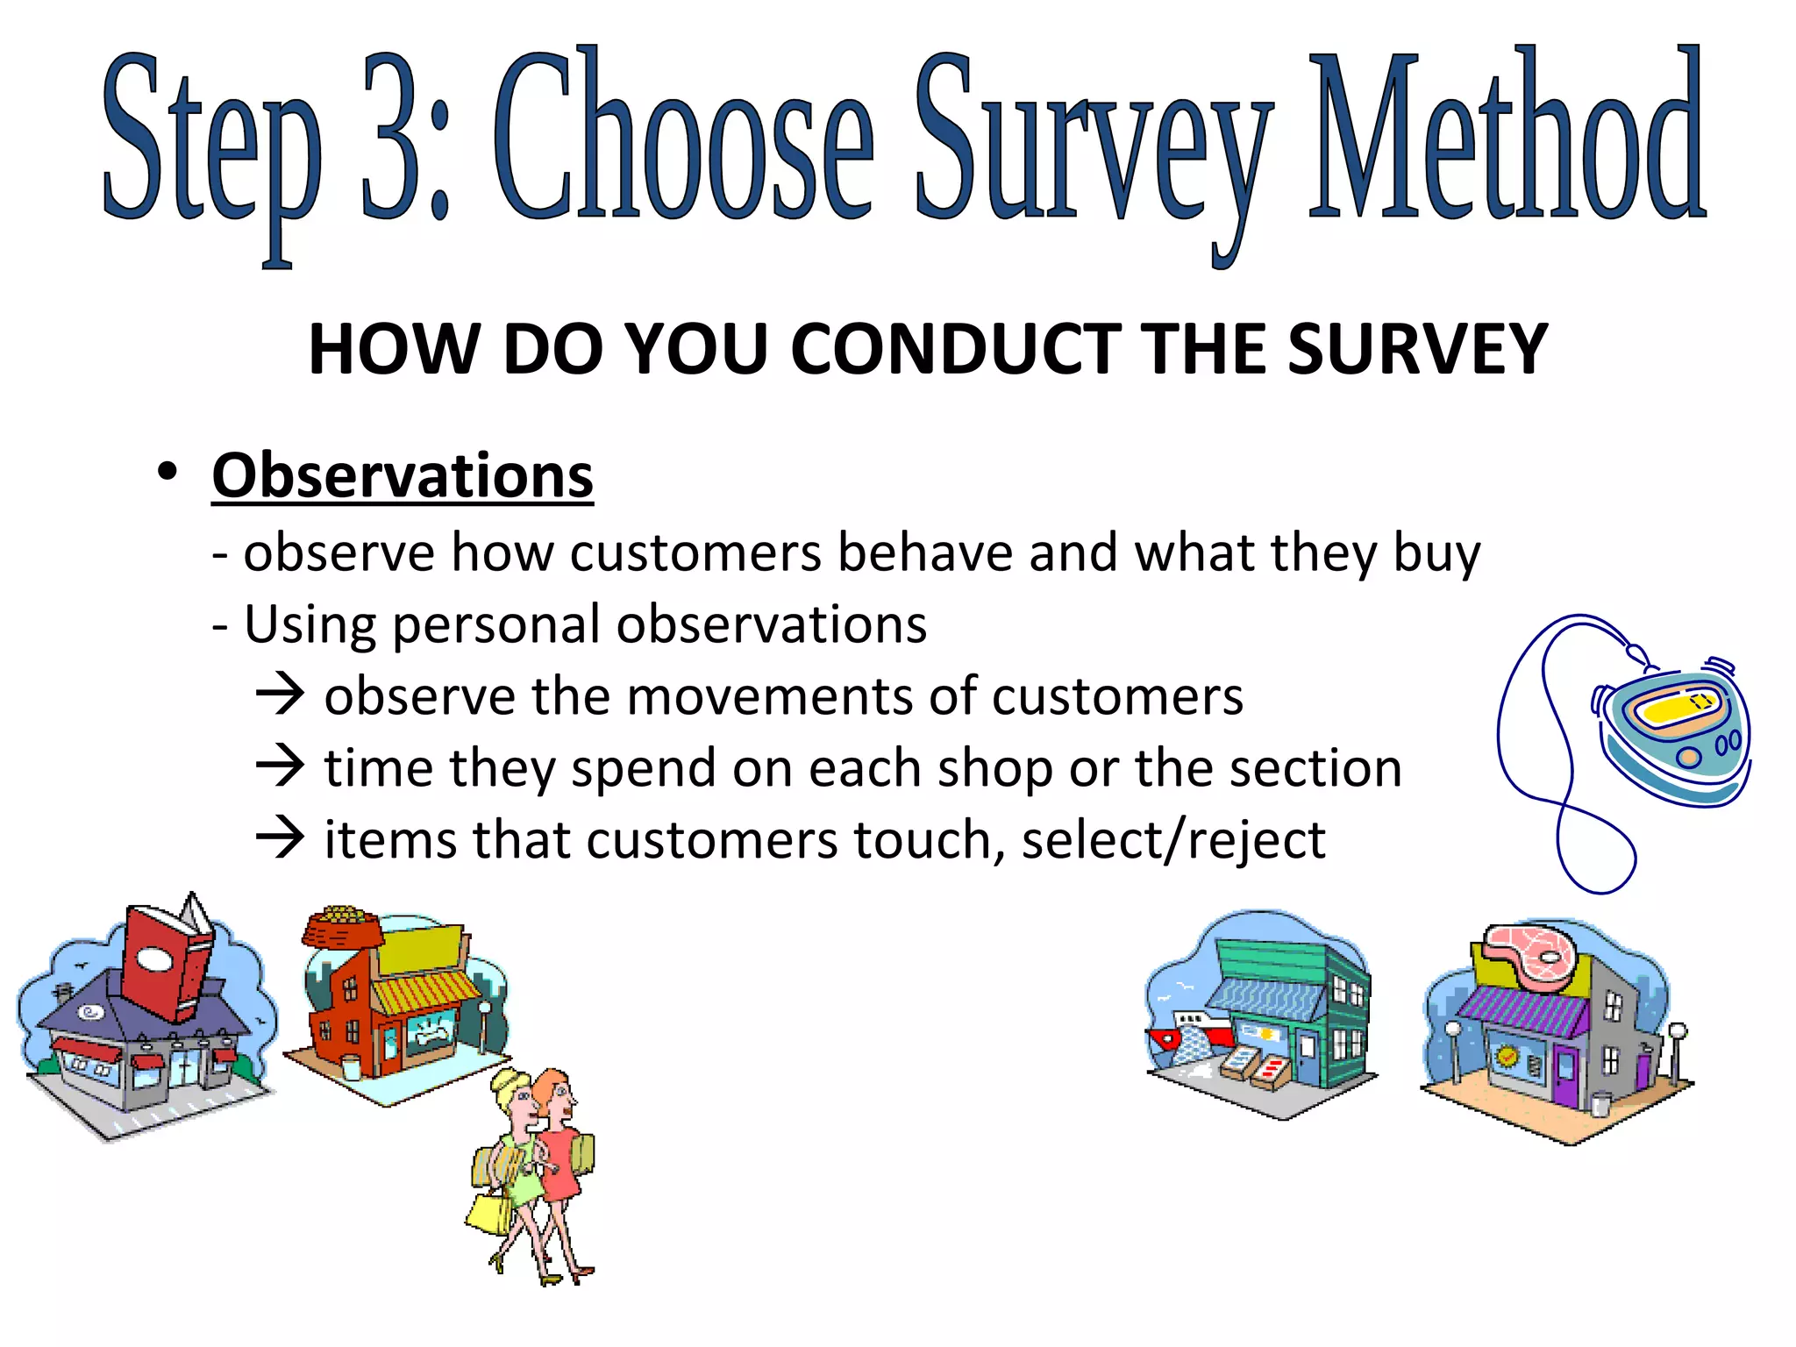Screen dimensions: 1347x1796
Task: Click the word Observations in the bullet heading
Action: tap(403, 476)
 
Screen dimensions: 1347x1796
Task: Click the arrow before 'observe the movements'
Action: tap(280, 695)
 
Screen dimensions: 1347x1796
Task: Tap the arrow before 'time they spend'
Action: tap(280, 767)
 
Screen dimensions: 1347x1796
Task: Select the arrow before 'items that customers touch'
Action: tap(280, 839)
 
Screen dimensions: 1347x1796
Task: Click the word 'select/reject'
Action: tap(1173, 840)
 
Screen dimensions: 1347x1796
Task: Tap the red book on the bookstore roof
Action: tap(167, 965)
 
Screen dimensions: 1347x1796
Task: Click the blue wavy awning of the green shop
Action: tap(1267, 1000)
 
